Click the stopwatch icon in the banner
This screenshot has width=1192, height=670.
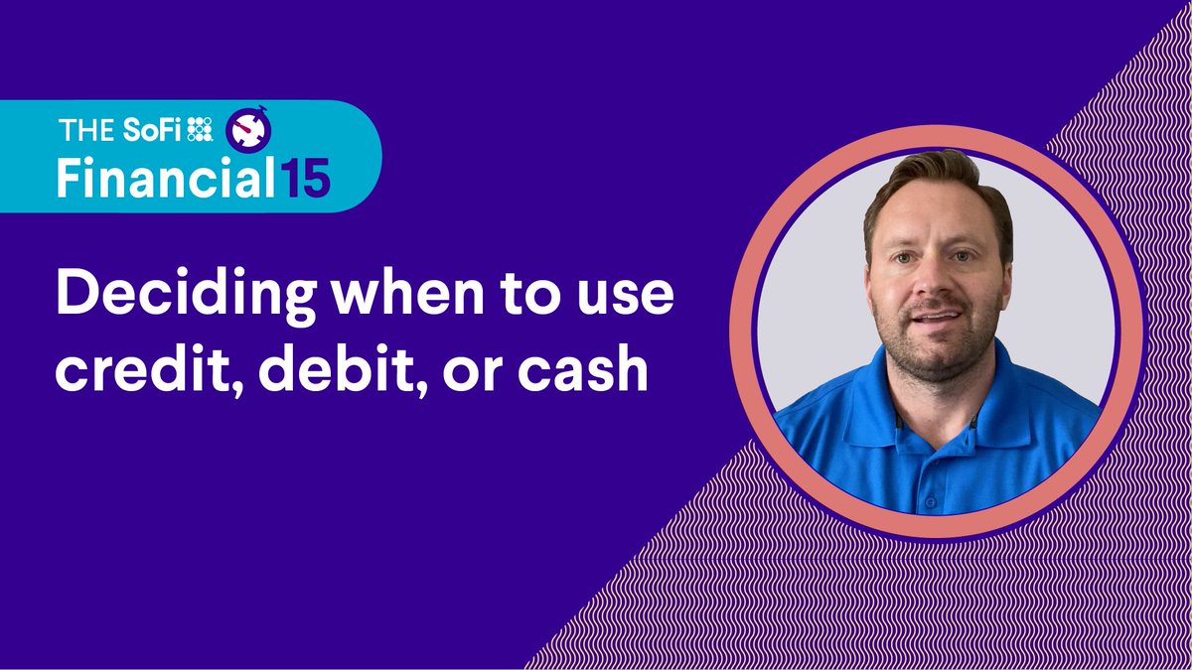pyautogui.click(x=243, y=128)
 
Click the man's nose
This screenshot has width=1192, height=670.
pyautogui.click(x=932, y=288)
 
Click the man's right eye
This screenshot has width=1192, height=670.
pyautogui.click(x=899, y=260)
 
